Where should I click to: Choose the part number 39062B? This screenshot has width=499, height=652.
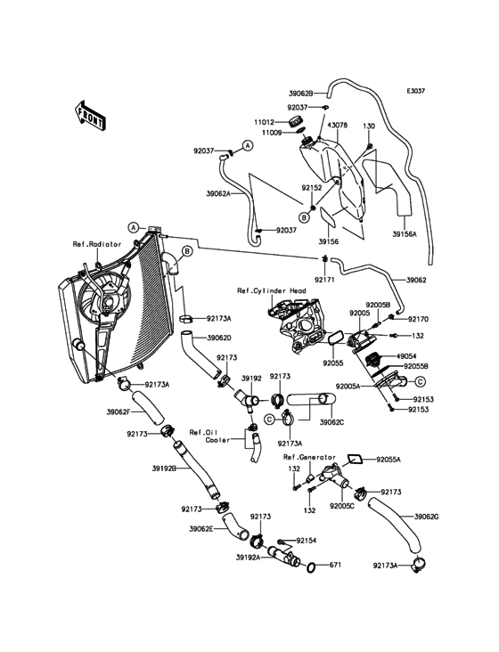point(300,92)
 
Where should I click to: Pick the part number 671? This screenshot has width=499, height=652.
point(336,566)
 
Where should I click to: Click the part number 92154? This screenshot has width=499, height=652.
point(307,541)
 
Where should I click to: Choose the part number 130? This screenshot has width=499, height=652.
point(368,127)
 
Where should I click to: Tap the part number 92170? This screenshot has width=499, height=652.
point(420,318)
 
